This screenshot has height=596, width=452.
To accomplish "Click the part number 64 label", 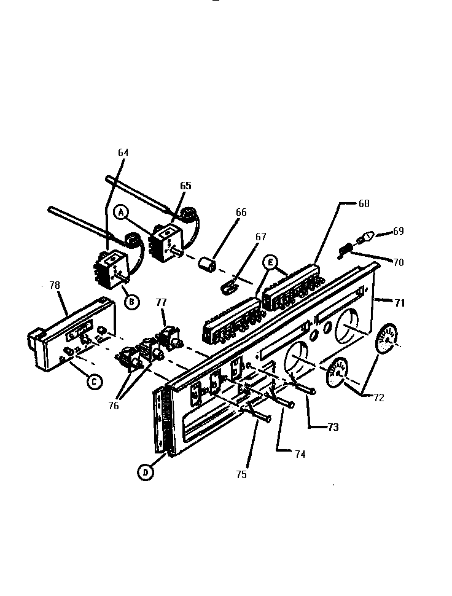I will coord(123,152).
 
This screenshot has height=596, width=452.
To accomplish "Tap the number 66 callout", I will coord(241,213).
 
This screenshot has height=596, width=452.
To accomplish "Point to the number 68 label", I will coord(364,203).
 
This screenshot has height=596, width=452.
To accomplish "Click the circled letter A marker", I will coord(122,212).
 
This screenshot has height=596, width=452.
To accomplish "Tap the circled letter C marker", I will coord(93,382).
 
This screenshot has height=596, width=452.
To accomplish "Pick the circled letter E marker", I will coord(269,262).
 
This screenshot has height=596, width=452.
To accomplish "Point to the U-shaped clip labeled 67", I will coord(229,286).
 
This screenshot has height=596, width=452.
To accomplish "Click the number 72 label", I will coord(378,398).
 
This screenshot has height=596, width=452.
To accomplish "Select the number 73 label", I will coord(332,427).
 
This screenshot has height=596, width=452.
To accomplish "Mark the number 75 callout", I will coord(242,474).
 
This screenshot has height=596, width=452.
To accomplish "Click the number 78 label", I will coord(55,286).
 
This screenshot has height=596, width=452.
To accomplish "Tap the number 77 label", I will coord(161,302).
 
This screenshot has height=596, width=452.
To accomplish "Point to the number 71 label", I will coord(399,302).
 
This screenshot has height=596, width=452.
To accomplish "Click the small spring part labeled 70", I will coord(345,249).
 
